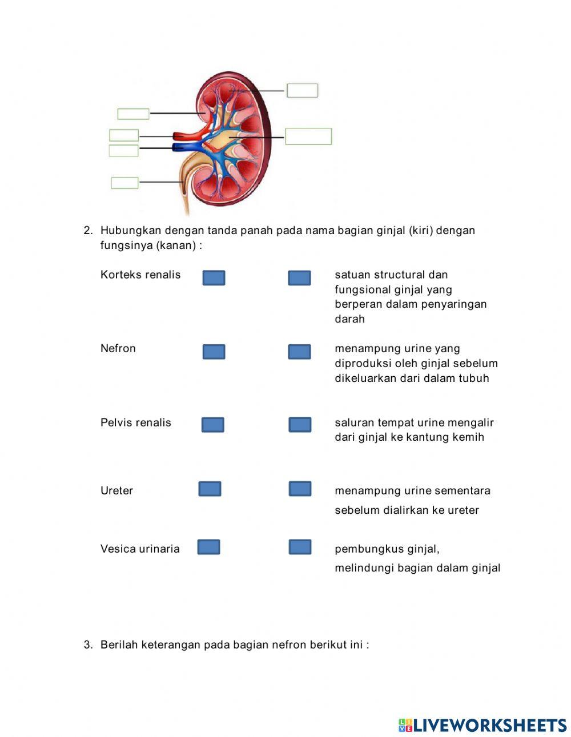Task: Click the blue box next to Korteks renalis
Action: coord(214,278)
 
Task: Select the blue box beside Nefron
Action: coord(214,352)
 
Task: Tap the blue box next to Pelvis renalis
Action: coord(212,425)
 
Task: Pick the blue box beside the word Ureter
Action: coord(210,489)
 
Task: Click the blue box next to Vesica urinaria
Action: coord(208,547)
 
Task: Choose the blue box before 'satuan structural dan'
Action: coord(299,278)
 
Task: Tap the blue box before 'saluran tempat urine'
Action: coord(300,425)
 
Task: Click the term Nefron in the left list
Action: coord(118,349)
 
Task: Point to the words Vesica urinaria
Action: coord(140,549)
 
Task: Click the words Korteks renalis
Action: coord(140,275)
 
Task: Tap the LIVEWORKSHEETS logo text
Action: coord(489,725)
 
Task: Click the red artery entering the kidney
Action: coord(183,136)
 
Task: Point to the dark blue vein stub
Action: coord(180,148)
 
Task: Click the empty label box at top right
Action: coord(302,90)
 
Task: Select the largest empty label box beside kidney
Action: coord(308,136)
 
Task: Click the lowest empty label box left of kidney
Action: coord(124,183)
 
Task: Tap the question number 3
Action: coord(88,645)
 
